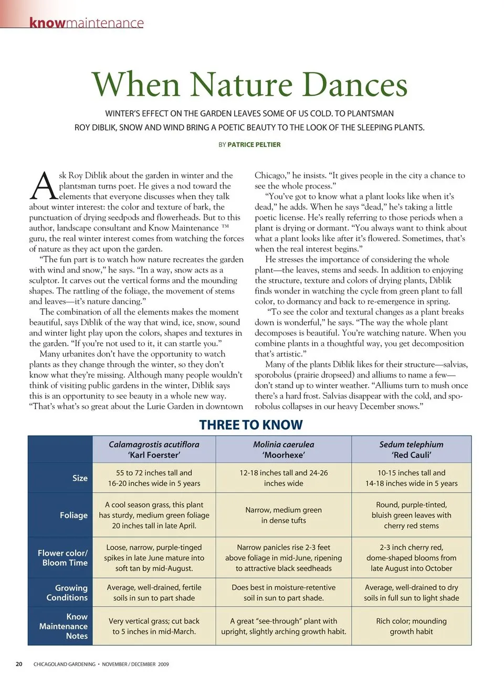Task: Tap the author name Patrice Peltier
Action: tap(254, 144)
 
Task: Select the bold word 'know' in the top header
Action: tap(47, 23)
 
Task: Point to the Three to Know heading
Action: tap(251, 425)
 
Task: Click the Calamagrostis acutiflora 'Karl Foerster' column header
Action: tap(154, 449)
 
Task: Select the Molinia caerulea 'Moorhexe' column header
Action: tap(283, 449)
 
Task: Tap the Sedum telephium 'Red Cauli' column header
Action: tap(411, 449)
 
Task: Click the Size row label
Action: tap(80, 478)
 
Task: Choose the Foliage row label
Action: tap(73, 515)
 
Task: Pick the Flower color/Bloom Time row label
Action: tap(63, 557)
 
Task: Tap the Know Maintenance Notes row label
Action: tap(64, 626)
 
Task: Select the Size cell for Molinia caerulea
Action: tap(283, 478)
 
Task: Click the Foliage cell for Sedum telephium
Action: tap(411, 515)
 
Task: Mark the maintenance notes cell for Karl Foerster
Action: tap(154, 626)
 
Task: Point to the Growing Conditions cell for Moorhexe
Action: tap(283, 593)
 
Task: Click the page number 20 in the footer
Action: tap(19, 664)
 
